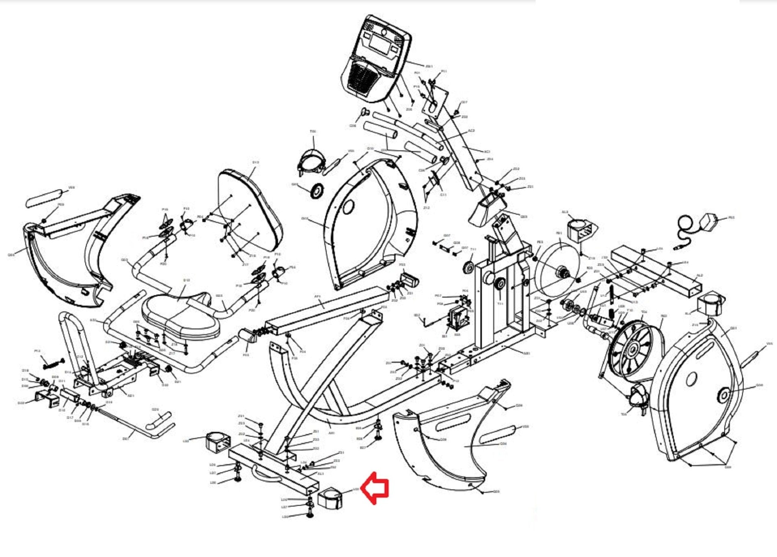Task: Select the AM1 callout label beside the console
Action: click(x=429, y=66)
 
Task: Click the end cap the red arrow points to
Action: click(x=329, y=498)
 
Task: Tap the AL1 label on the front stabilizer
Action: click(x=321, y=474)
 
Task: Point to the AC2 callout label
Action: click(x=471, y=131)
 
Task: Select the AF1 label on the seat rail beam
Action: click(x=318, y=296)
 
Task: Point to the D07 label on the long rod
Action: click(x=126, y=438)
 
